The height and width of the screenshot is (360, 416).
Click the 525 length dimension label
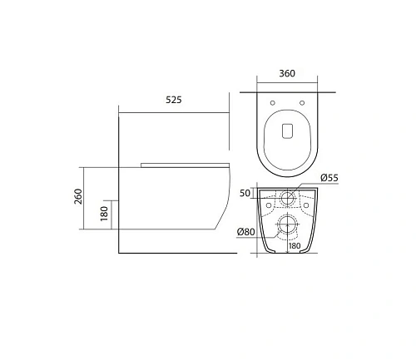coord(173,99)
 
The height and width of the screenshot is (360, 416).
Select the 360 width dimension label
coord(286,74)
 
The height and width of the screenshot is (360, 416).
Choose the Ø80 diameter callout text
coord(245,232)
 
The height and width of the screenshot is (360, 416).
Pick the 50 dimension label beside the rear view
coord(246,193)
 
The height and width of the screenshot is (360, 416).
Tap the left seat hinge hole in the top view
coord(274,103)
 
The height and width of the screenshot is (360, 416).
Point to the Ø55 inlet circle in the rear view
coord(286,198)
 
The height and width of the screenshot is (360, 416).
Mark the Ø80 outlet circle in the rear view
coord(286,224)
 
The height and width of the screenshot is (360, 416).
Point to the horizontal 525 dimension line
coord(173,108)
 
